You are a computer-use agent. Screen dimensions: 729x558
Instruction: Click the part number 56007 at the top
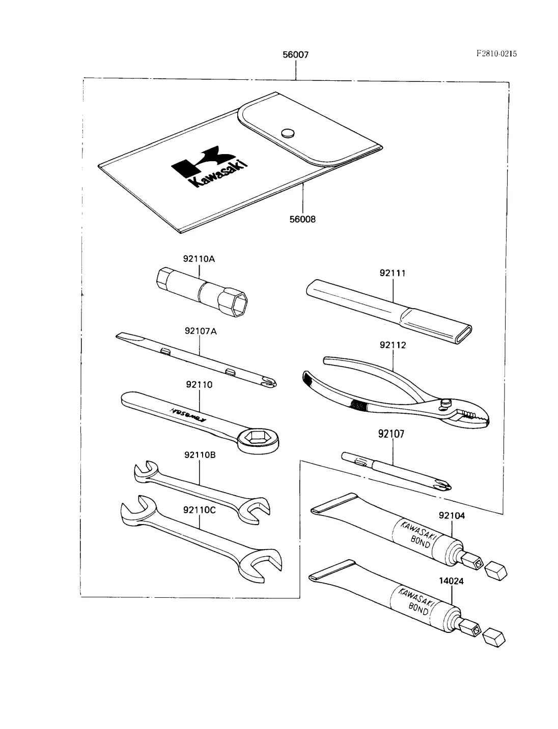point(296,54)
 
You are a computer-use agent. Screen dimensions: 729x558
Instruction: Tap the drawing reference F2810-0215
point(496,53)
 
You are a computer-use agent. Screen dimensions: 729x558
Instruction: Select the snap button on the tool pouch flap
point(288,133)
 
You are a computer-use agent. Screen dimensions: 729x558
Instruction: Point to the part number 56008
point(302,219)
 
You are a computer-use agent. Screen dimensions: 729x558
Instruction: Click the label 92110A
point(199,259)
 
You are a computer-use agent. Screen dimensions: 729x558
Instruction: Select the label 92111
point(393,273)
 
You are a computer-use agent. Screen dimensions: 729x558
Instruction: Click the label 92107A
point(201,331)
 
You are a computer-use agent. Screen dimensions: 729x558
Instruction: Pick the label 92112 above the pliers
point(393,345)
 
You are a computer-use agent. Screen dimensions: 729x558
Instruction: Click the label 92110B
point(200,455)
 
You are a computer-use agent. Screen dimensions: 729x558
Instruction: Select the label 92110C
point(200,509)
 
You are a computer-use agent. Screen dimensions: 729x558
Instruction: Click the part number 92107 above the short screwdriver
point(392,434)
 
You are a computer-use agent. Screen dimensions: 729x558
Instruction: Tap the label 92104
point(452,515)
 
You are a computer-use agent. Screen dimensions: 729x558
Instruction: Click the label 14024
point(451,581)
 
